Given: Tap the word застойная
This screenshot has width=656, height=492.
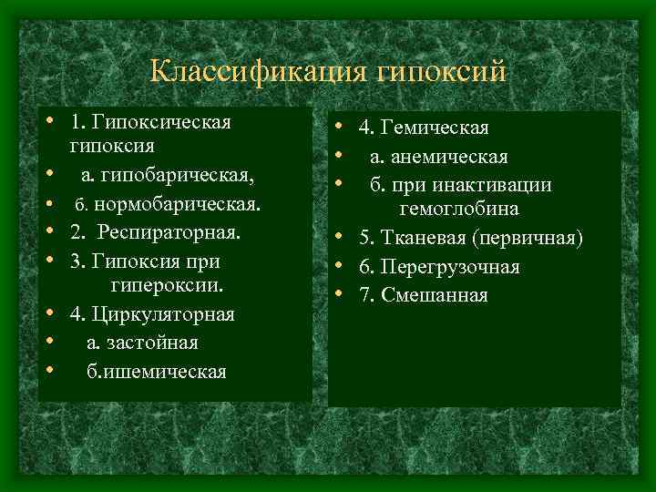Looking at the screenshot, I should tap(153, 343).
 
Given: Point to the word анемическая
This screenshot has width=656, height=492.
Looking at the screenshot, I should tap(451, 157).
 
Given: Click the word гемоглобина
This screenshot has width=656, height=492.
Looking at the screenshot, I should tap(458, 210).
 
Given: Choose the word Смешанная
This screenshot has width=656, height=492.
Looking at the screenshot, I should tap(436, 295).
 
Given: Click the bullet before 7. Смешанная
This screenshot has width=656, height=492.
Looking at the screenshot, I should tap(338, 294).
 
